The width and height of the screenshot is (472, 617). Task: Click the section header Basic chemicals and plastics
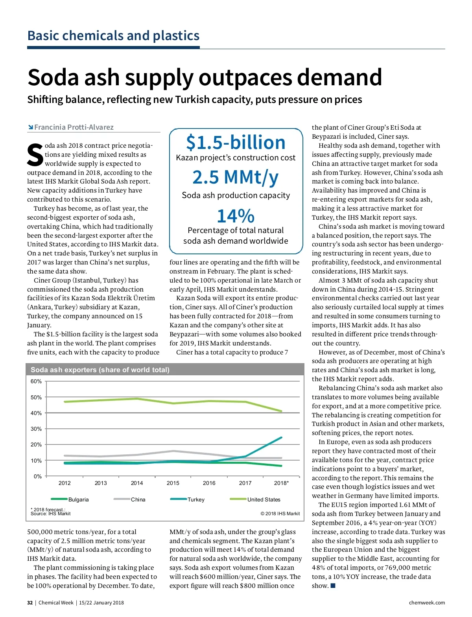tap(113, 36)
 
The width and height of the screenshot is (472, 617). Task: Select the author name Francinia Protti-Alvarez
tap(74, 127)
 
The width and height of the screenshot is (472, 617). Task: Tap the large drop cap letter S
tap(35, 155)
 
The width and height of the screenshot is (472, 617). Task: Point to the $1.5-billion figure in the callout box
tap(236, 142)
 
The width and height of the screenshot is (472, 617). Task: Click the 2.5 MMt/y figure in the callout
tap(236, 177)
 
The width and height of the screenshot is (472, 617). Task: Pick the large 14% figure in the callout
tap(236, 216)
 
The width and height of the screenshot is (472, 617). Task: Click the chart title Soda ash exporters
tap(100, 370)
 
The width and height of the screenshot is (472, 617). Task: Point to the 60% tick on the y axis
tap(36, 382)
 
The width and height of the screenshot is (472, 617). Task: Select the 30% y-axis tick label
tap(36, 429)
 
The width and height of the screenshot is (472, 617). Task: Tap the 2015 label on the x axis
tap(173, 483)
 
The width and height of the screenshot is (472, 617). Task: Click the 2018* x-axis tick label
tap(281, 483)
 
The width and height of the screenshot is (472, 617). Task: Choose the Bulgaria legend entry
tap(78, 499)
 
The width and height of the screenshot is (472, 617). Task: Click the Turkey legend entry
tap(196, 499)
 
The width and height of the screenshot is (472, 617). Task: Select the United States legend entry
tap(264, 499)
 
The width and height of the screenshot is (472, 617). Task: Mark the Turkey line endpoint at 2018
tap(281, 437)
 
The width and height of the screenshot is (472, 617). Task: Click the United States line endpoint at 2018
tap(281, 411)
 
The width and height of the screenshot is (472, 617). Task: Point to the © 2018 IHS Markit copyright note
tap(280, 514)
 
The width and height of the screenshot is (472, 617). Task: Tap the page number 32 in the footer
tap(30, 603)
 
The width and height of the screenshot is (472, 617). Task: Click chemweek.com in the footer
tap(427, 603)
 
